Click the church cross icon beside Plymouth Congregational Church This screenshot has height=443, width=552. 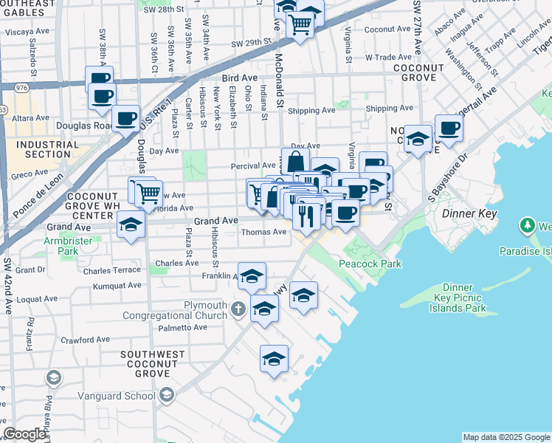tap(238, 308)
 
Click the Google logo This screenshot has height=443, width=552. tap(24, 433)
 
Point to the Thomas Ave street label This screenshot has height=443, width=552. tap(264, 232)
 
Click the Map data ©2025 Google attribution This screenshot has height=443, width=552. tap(506, 437)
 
